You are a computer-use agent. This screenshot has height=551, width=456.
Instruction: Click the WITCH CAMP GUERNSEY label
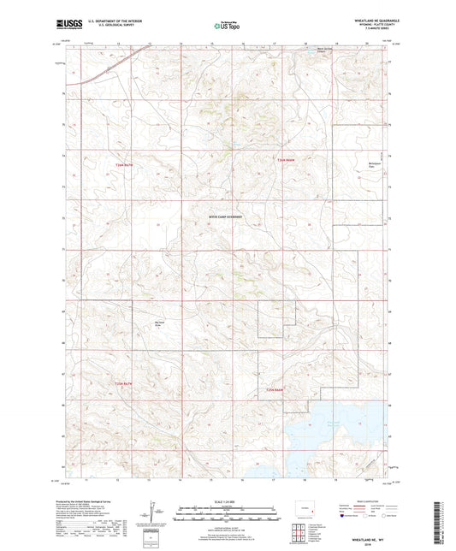(x=225, y=217)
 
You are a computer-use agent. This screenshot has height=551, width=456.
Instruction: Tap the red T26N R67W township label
(x=125, y=164)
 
